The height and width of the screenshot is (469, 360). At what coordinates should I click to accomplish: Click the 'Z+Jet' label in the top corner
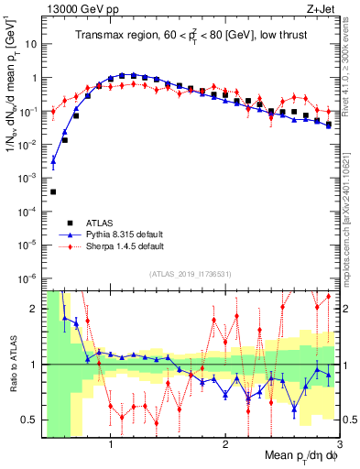pos(320,8)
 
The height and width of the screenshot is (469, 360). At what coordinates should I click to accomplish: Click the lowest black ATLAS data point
pos(53,191)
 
